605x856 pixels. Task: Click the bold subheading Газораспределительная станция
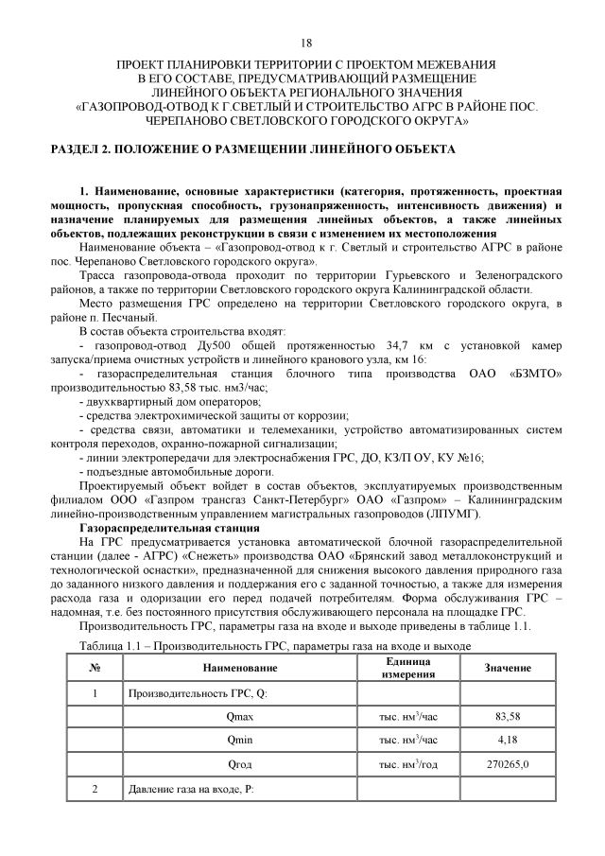coord(162,526)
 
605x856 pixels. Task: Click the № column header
coord(95,668)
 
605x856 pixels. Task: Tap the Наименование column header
coord(240,668)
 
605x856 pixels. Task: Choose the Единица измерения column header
coord(407,668)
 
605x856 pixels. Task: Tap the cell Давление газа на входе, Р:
coord(192,788)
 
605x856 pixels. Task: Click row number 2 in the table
coord(95,788)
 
